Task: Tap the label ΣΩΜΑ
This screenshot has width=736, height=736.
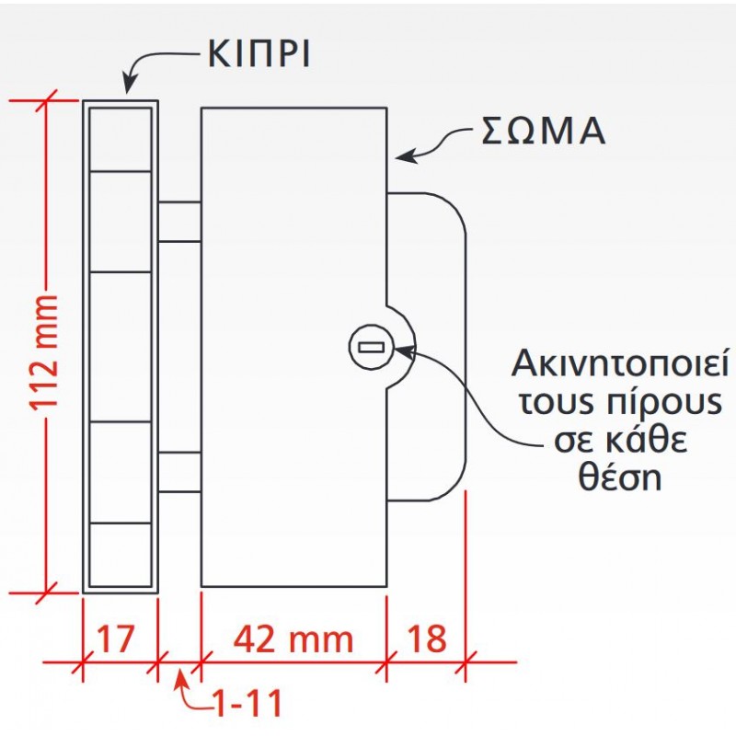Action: point(544,132)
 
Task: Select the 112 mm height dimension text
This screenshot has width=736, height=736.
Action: point(44,354)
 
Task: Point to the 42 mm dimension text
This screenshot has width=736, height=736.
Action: point(292,637)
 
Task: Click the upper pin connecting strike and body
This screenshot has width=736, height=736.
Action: point(179,221)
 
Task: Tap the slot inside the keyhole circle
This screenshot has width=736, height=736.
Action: point(370,348)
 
